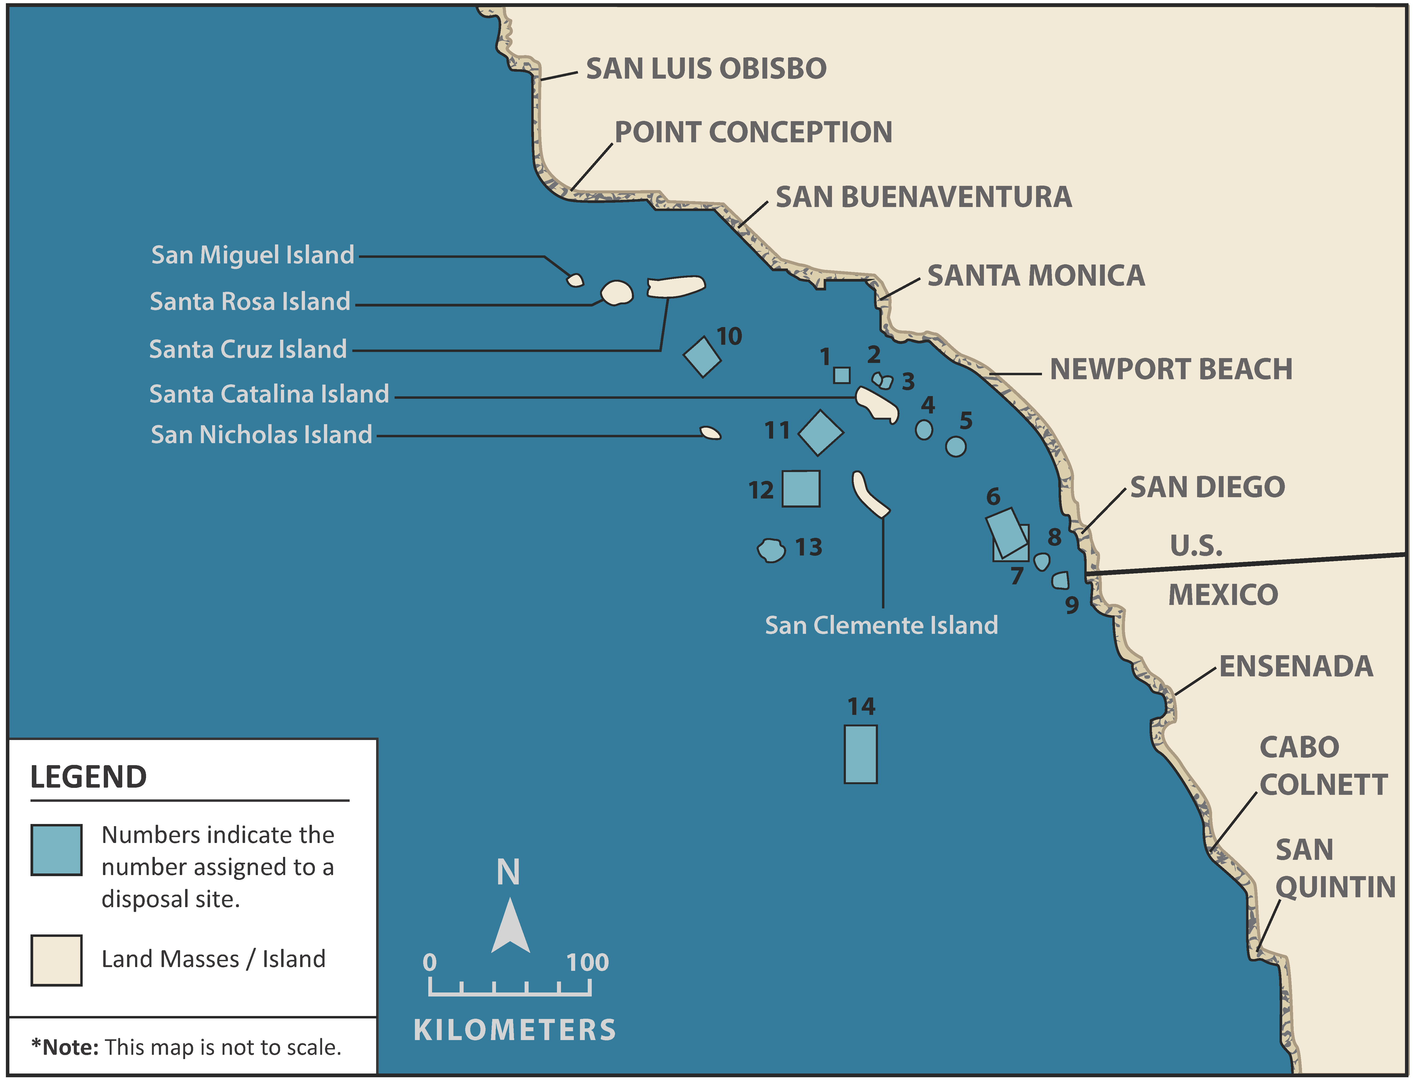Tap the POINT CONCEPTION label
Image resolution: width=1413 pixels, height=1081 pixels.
coord(753,133)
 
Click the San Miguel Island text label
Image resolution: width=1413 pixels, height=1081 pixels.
coord(252,255)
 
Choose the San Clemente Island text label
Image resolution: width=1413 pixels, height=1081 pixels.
coord(881,626)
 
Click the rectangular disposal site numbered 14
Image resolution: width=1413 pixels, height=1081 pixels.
coord(860,754)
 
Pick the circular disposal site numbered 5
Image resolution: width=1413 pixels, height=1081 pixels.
coord(956,447)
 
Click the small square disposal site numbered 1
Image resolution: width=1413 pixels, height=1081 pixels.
coord(842,375)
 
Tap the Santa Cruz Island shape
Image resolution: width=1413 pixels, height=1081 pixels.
coord(676,286)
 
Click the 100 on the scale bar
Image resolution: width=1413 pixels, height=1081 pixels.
coord(587,963)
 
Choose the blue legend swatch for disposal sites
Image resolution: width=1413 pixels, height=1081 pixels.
coord(57,850)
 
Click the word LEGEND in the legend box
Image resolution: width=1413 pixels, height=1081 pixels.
coord(89,777)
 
